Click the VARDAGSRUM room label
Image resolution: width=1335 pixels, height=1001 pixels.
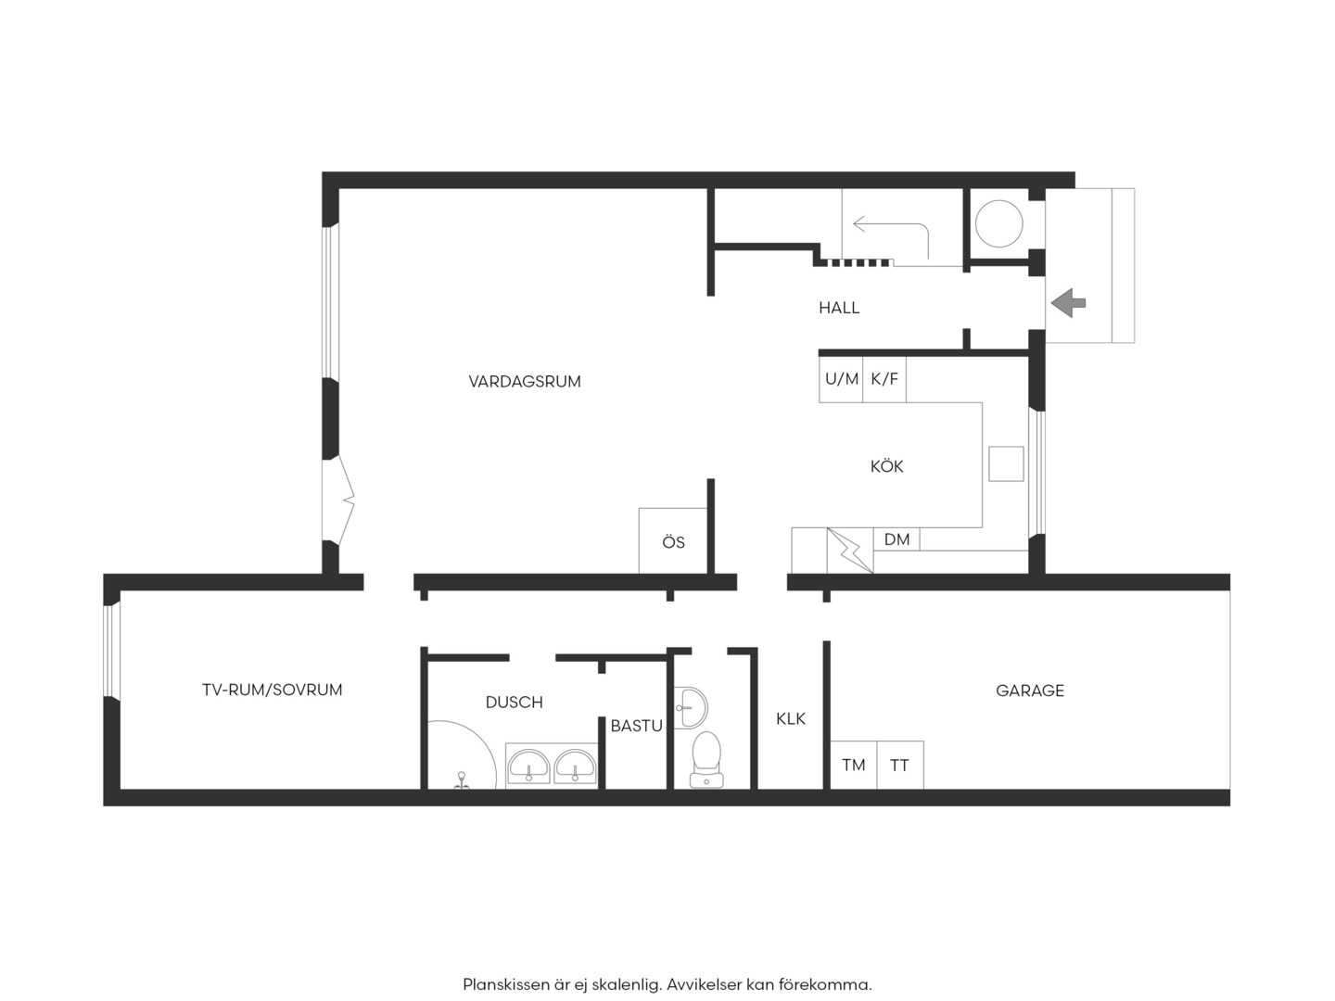point(525,382)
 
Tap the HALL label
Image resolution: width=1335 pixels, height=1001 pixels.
point(839,308)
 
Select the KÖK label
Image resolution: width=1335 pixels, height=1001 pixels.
point(886,466)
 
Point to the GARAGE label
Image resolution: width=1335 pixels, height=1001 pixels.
point(1030,691)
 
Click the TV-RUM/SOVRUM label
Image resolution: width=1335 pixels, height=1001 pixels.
point(272,690)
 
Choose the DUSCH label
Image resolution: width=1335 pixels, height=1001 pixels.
point(514,702)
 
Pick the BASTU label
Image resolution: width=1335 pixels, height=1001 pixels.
point(636,726)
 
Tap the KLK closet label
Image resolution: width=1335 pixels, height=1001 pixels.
point(791,719)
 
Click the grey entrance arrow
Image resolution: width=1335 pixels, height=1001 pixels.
point(1068,303)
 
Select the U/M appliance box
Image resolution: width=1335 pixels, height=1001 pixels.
point(841,379)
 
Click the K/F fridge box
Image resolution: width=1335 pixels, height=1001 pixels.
point(884,379)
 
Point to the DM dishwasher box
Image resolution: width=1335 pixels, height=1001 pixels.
point(896,539)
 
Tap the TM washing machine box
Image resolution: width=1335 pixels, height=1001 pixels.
point(853,765)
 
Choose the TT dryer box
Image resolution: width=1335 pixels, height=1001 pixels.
point(900,765)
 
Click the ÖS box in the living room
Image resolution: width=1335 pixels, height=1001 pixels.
point(673,540)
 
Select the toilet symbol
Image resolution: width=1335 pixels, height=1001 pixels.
point(706,759)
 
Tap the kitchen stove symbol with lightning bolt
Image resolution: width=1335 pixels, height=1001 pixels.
point(850,551)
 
